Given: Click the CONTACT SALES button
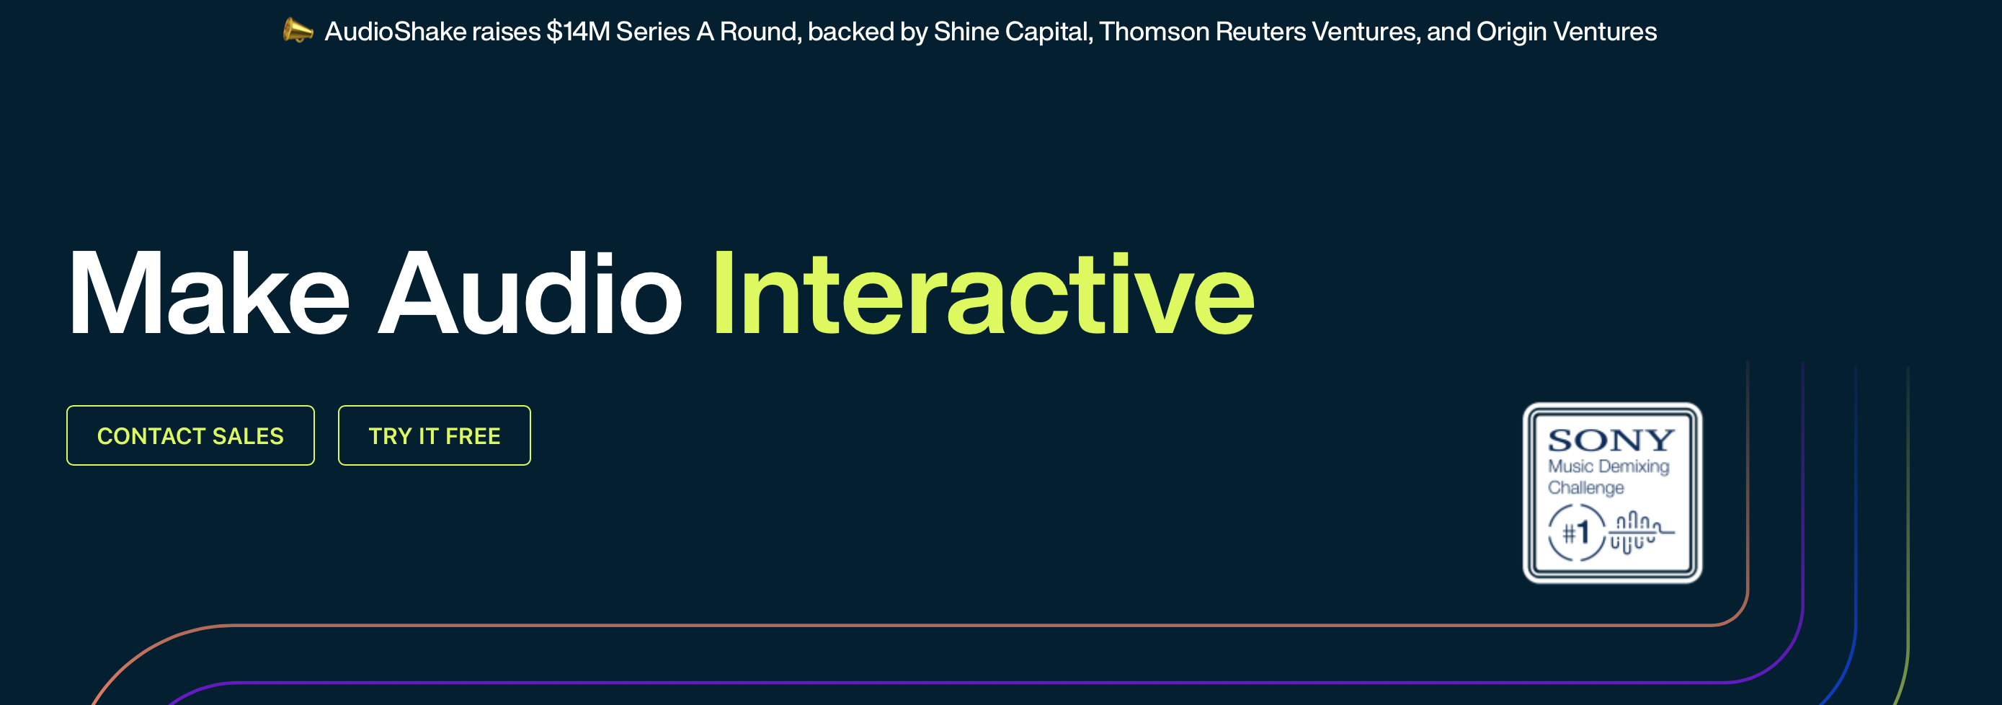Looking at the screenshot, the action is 190,435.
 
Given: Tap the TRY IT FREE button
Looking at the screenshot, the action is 435,435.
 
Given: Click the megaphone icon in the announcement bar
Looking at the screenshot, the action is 298,31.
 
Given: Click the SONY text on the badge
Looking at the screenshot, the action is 1610,440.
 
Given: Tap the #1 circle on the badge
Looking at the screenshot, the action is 1576,533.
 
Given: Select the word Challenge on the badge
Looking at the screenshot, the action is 1585,487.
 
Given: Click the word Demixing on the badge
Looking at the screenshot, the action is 1634,466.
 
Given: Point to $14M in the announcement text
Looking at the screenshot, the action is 577,31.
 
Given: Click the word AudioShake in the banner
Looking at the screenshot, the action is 395,31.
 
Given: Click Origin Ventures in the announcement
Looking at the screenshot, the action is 1566,31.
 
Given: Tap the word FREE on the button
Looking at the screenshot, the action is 473,436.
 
